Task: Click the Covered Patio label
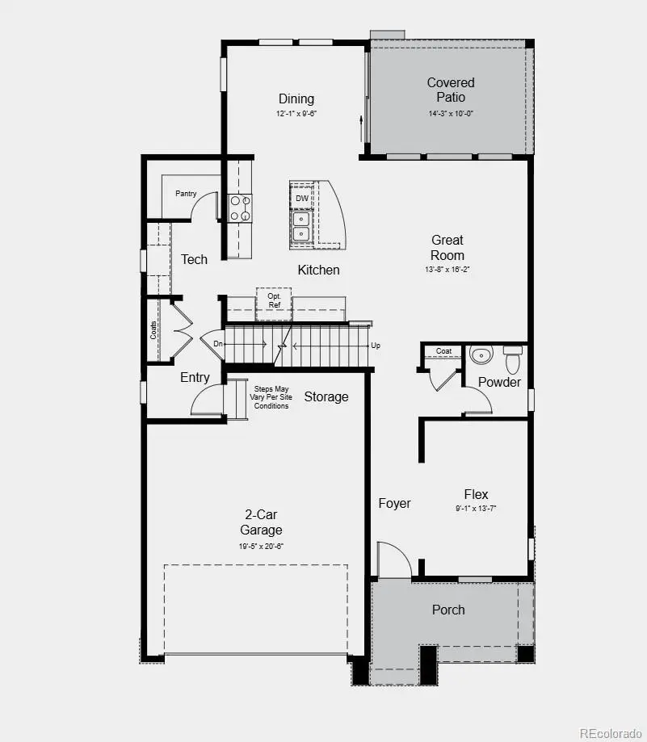point(451,90)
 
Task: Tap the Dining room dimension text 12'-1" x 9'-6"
point(296,114)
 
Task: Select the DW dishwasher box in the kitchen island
point(302,198)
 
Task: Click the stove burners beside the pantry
point(240,208)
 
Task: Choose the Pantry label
point(186,194)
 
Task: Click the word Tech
point(194,259)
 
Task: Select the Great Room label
point(447,247)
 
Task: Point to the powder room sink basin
point(481,355)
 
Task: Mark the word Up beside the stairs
point(376,345)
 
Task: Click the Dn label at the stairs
point(217,344)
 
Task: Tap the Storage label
point(326,396)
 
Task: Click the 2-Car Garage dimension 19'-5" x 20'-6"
point(261,547)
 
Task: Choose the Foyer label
point(394,503)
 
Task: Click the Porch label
point(448,610)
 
